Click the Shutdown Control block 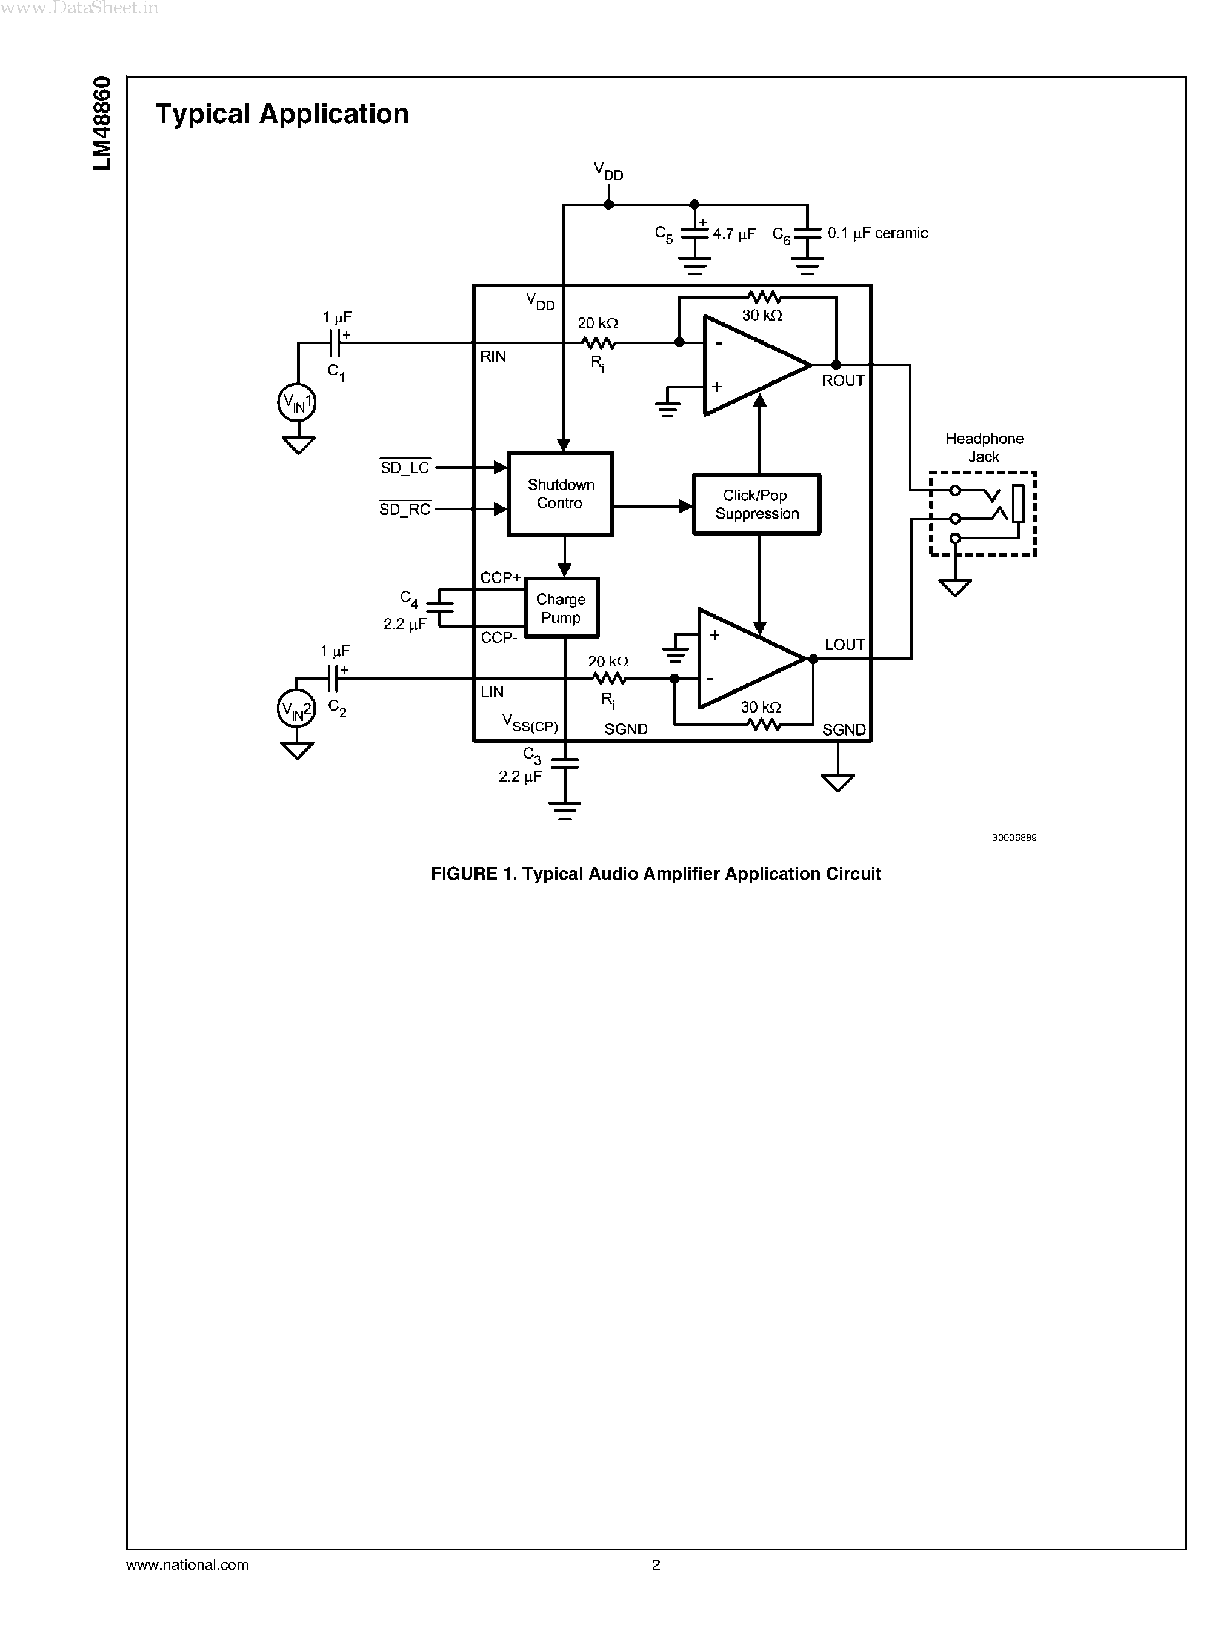[x=560, y=494]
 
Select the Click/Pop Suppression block [x=756, y=504]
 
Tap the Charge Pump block [x=561, y=608]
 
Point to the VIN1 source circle [x=297, y=404]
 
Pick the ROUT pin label [x=843, y=380]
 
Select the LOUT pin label [x=844, y=644]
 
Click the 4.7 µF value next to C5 [x=734, y=234]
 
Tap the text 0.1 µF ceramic [x=877, y=233]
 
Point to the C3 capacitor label [x=531, y=756]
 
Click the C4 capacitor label [x=408, y=599]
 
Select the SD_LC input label [x=405, y=468]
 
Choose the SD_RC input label [x=405, y=510]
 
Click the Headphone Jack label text [x=984, y=447]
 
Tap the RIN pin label [x=492, y=356]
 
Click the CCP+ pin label [x=500, y=577]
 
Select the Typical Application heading [x=282, y=114]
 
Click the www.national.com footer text [x=187, y=1564]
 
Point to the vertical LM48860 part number [x=102, y=123]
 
